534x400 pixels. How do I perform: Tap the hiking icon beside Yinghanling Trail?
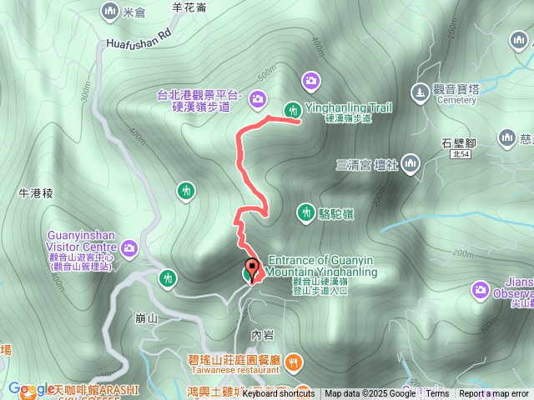click(292, 108)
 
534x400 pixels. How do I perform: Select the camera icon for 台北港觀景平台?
click(258, 100)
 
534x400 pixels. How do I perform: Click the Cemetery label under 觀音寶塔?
click(456, 100)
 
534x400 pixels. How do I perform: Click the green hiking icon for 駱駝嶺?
click(306, 212)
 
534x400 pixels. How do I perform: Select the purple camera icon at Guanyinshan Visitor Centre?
click(129, 247)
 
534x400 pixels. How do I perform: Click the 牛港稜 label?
click(36, 192)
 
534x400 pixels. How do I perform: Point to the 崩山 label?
click(146, 318)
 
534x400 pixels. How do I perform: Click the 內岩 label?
click(263, 335)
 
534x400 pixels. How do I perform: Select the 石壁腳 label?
click(458, 142)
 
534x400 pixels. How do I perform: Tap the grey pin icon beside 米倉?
click(109, 11)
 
